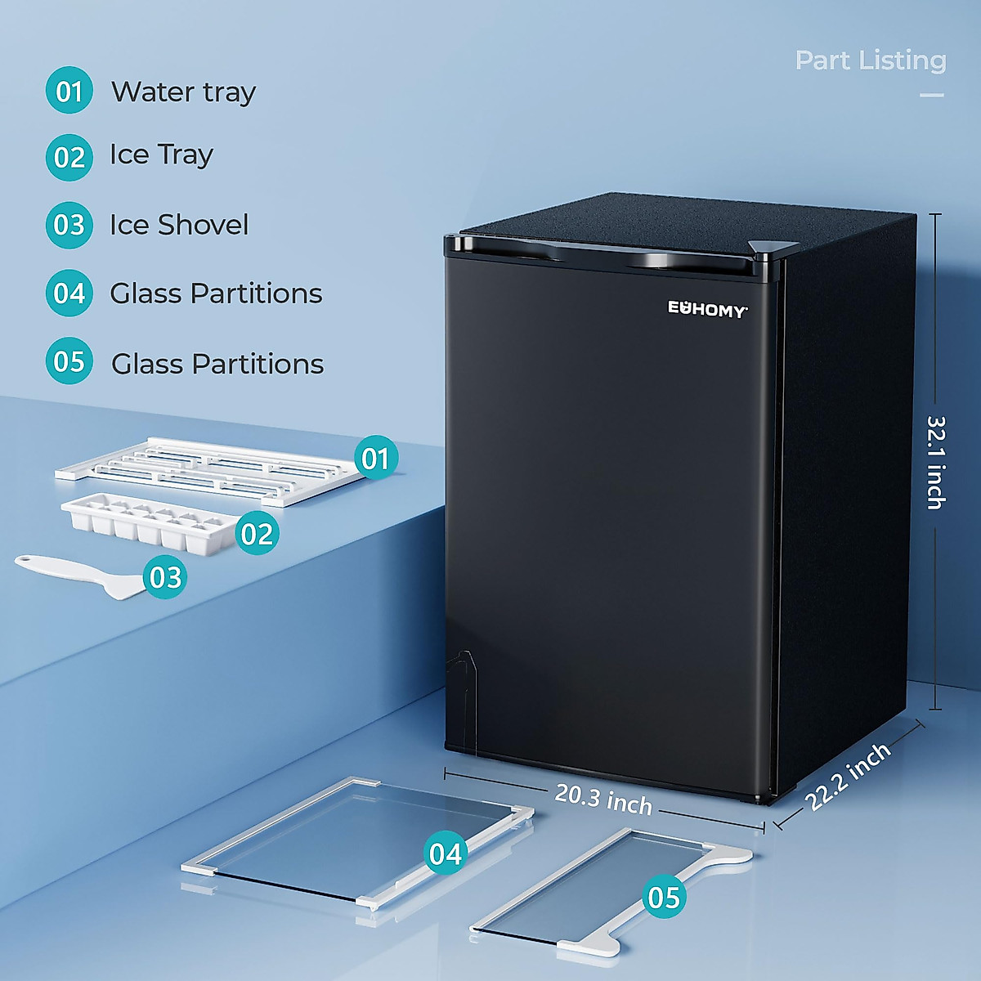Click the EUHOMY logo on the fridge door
pos(707,309)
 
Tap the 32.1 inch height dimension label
pos(936,462)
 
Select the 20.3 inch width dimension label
pos(603,799)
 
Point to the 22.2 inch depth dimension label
pos(849,777)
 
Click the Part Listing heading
pos(870,60)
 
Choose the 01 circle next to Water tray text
pos(69,91)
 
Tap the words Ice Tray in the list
pos(162,155)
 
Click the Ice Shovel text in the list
pos(179,225)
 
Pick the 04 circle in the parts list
pos(69,293)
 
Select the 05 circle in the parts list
pos(69,361)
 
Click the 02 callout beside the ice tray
pos(257,534)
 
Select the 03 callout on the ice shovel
pos(165,577)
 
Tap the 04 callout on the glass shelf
pos(446,853)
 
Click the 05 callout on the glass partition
pos(663,897)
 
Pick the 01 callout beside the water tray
pos(375,459)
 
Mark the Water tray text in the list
pos(184,92)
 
